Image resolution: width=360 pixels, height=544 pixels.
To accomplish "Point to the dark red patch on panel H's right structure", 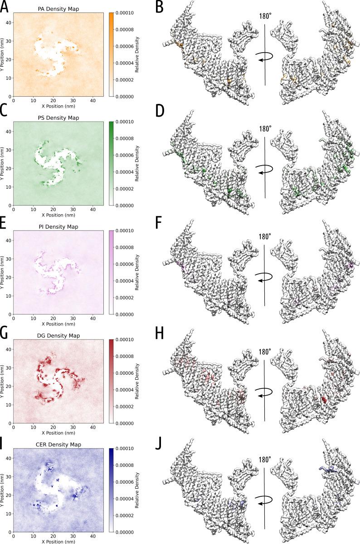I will click(x=324, y=399).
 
